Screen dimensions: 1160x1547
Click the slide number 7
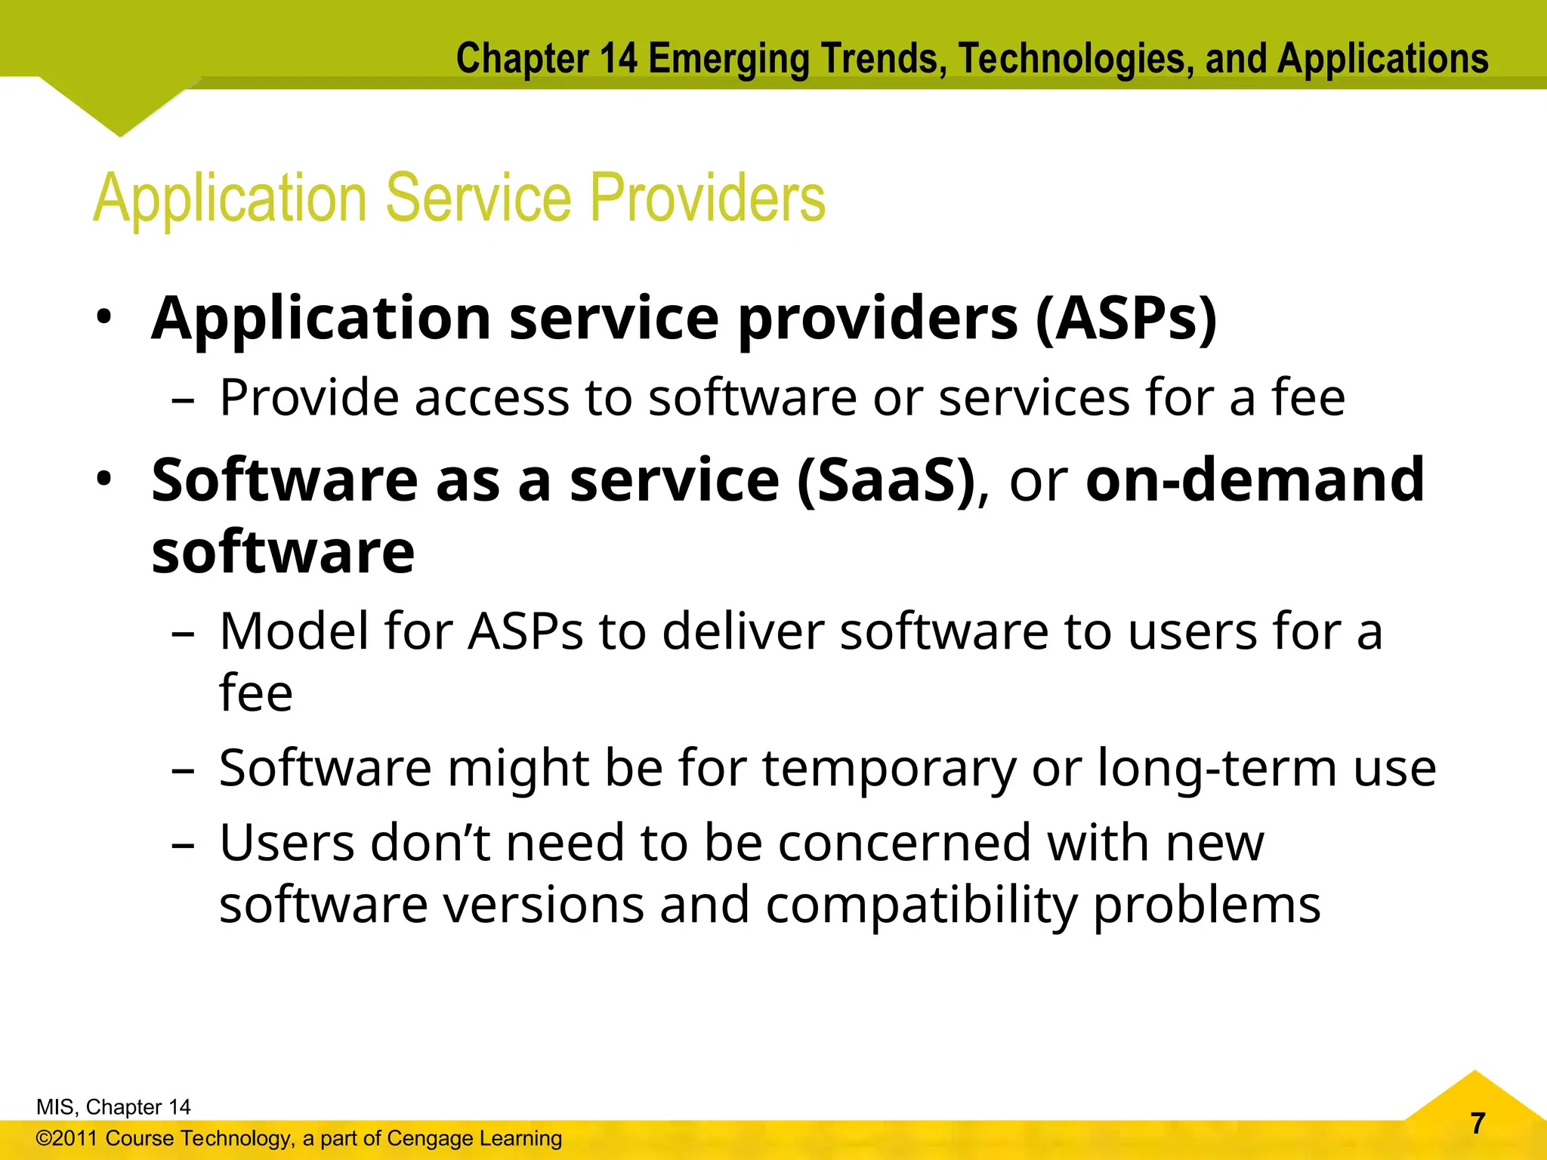click(x=1478, y=1123)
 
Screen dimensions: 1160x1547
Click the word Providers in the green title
click(x=707, y=198)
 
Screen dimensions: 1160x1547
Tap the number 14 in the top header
click(x=619, y=59)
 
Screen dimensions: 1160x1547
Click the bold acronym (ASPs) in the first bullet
click(x=1126, y=319)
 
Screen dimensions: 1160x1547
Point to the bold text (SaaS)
click(x=887, y=480)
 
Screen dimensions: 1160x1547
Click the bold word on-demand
click(x=1255, y=480)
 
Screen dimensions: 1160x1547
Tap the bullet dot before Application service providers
click(x=104, y=317)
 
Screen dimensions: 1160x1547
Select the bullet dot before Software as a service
click(x=104, y=479)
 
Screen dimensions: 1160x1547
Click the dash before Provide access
click(x=183, y=400)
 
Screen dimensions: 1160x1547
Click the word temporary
click(x=889, y=769)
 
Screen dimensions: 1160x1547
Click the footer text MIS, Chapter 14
click(x=113, y=1107)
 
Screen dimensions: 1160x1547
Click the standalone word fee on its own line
click(x=255, y=693)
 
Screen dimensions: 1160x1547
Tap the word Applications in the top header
click(x=1382, y=59)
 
